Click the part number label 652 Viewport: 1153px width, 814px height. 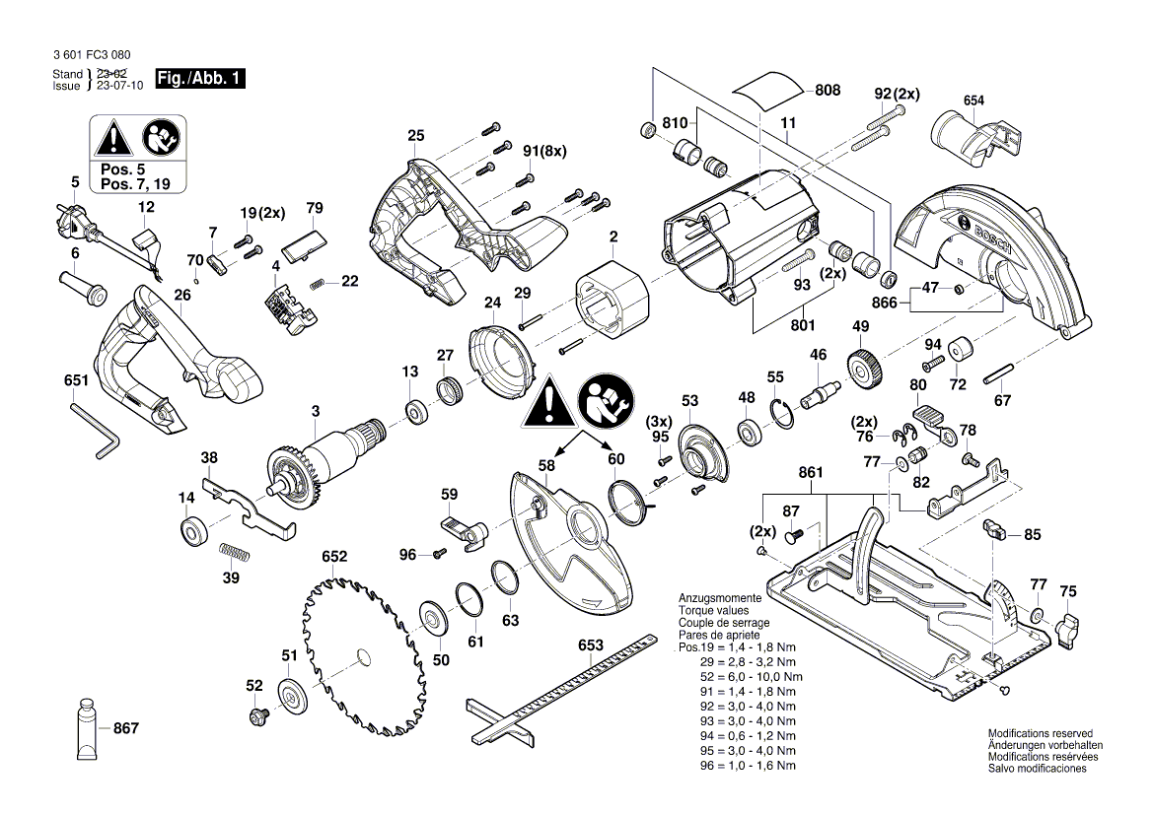(334, 557)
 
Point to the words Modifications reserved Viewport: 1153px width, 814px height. (1040, 734)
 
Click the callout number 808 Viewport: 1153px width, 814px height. (828, 90)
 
